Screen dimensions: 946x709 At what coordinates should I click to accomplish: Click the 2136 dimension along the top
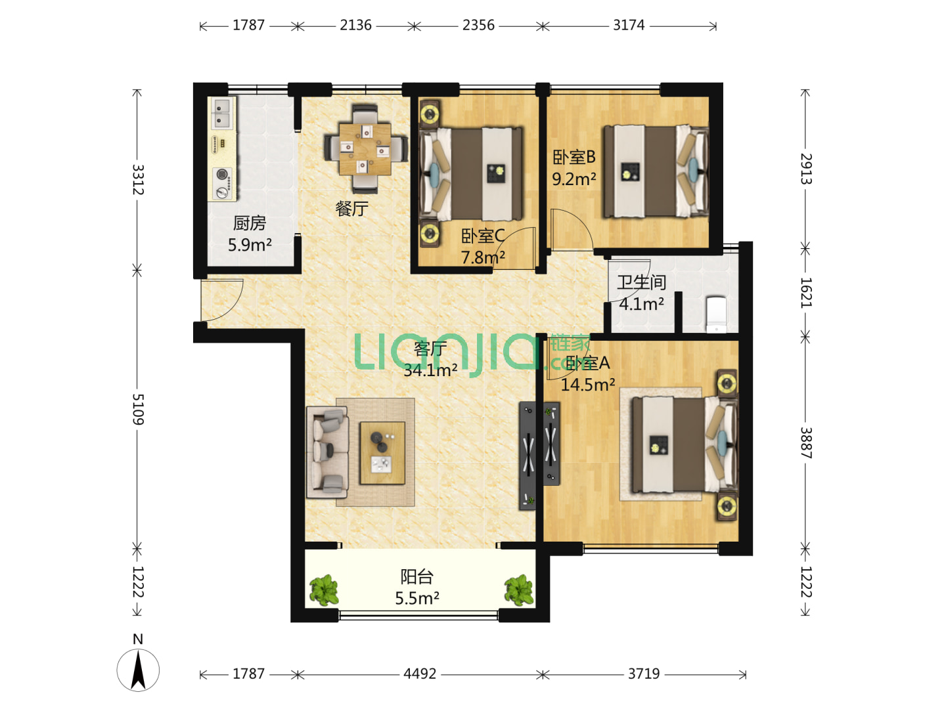[x=355, y=25]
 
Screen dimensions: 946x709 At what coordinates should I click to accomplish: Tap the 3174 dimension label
[x=629, y=25]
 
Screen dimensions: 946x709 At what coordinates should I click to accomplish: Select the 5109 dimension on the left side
[x=138, y=409]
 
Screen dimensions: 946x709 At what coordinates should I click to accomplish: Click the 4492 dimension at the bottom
[x=420, y=674]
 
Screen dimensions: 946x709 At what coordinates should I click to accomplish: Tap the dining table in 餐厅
[x=365, y=149]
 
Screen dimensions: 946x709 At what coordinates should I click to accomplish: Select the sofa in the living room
[x=328, y=452]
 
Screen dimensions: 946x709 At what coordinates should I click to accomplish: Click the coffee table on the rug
[x=382, y=453]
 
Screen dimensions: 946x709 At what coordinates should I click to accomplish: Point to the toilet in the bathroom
[x=716, y=314]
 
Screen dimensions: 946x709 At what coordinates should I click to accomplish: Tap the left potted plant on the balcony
[x=324, y=590]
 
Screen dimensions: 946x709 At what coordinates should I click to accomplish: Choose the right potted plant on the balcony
[x=519, y=590]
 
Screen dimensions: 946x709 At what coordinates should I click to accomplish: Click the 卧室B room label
[x=574, y=158]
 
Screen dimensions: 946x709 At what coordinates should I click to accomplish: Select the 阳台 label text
[x=417, y=577]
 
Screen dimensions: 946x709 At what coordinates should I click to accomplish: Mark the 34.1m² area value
[x=430, y=370]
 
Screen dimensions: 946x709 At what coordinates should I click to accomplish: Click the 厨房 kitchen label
[x=250, y=223]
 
